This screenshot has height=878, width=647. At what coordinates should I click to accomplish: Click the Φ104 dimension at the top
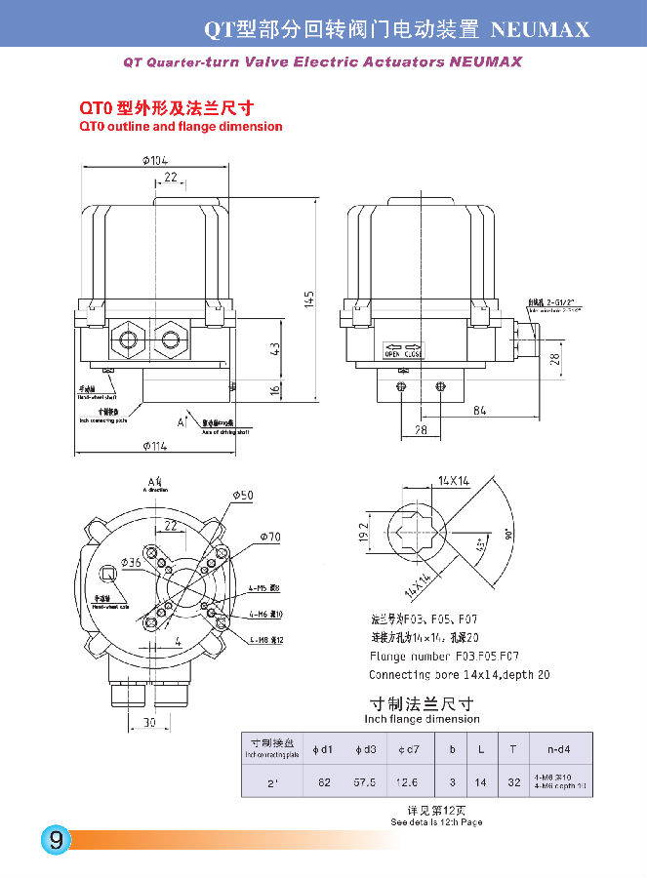(x=154, y=161)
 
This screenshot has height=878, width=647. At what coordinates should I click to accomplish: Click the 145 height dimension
(x=307, y=297)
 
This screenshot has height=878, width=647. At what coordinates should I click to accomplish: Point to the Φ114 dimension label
(x=154, y=446)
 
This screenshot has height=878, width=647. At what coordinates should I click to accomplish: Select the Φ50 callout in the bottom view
(x=243, y=496)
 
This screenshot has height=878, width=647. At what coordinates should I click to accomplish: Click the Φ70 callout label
(x=270, y=537)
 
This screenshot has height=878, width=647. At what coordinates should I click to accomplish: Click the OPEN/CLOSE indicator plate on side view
(x=404, y=350)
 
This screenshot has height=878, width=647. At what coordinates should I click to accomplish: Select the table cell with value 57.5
(x=365, y=781)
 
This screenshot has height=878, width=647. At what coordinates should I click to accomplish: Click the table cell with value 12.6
(x=407, y=781)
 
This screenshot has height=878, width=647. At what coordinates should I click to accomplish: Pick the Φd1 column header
(x=323, y=749)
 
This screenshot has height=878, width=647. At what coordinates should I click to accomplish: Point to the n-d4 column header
(x=546, y=749)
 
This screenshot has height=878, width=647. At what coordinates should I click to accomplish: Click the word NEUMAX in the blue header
(x=541, y=29)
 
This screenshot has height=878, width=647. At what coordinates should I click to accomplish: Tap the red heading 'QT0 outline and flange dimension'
(x=181, y=127)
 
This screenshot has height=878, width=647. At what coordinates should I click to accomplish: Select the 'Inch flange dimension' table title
(x=422, y=719)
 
